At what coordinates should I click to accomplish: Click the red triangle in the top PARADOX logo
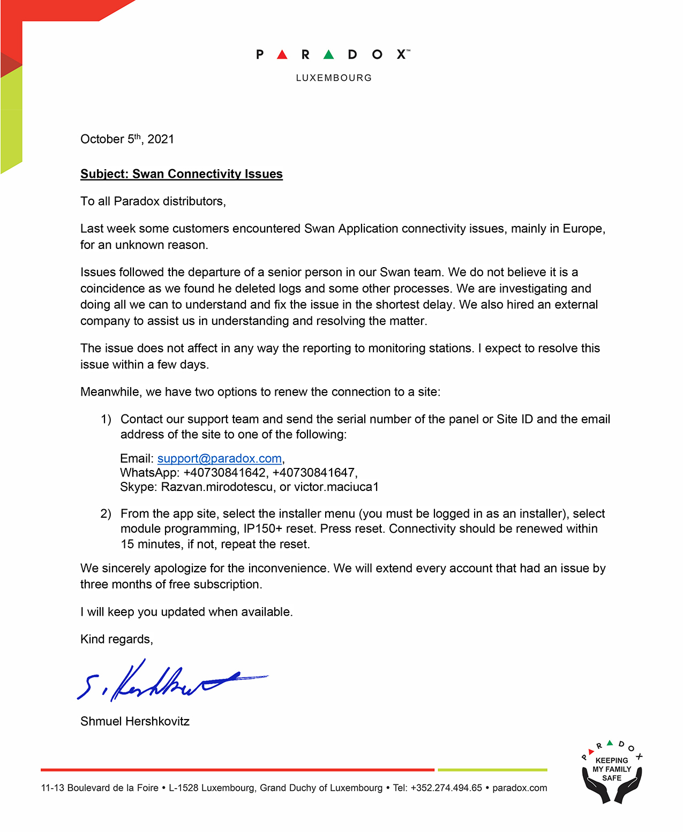pos(282,54)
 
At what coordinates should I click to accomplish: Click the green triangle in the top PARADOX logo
pos(329,54)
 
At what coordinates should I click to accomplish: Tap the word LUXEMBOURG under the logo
pos(334,78)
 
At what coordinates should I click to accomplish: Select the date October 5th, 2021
pos(127,139)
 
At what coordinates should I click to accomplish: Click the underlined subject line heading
pos(181,174)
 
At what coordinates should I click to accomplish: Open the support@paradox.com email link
pos(220,459)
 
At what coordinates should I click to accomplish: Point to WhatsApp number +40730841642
pos(224,473)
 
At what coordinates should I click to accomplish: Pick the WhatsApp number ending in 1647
pos(313,473)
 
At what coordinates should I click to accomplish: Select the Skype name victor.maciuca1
pos(336,487)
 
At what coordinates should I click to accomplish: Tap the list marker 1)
pos(106,419)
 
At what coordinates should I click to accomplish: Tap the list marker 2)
pos(106,514)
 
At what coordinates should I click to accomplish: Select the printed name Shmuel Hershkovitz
pos(135,722)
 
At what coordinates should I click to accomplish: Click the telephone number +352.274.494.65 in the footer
pos(446,788)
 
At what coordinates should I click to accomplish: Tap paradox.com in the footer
pos(520,788)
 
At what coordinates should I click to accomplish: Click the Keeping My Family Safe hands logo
pos(612,774)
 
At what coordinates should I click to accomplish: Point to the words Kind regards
pos(116,639)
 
